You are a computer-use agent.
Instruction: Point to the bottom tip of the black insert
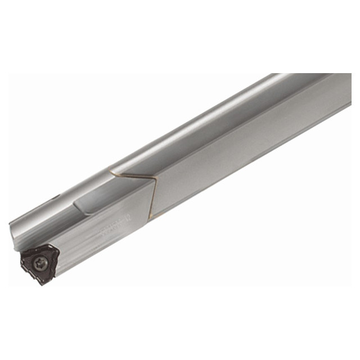point(42,283)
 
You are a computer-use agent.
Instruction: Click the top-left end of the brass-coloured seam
point(110,171)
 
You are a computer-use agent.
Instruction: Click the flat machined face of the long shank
point(253,152)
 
